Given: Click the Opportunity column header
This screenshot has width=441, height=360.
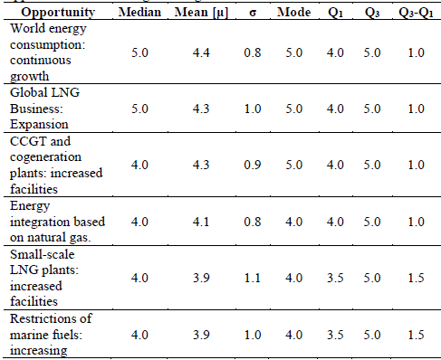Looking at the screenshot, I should [55, 14].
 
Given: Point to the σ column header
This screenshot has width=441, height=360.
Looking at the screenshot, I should [244, 14].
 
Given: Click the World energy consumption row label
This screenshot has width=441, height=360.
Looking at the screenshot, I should [50, 52].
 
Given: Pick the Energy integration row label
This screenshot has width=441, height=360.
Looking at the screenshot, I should [57, 218].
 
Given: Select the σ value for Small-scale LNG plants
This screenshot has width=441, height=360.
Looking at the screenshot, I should [244, 269].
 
